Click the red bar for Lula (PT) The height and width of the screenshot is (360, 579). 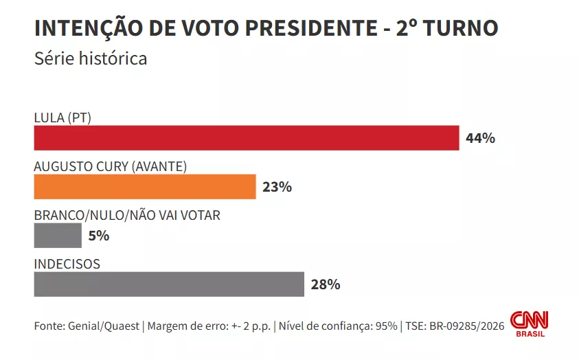click(x=246, y=137)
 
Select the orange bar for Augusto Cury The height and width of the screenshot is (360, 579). click(x=144, y=187)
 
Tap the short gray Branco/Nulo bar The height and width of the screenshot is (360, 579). click(x=58, y=236)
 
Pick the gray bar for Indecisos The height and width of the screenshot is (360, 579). click(x=169, y=284)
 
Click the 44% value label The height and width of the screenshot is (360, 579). click(x=480, y=138)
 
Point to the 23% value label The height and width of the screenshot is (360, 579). click(x=277, y=187)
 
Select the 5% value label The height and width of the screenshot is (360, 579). click(x=99, y=236)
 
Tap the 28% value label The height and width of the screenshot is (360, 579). click(x=326, y=284)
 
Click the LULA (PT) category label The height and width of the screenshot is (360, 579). click(x=63, y=117)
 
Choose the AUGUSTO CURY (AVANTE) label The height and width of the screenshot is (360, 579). click(x=111, y=166)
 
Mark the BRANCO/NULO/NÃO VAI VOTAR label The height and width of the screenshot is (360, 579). click(x=127, y=215)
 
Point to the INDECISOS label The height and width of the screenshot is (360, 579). click(x=67, y=264)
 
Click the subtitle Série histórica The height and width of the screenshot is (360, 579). click(x=91, y=58)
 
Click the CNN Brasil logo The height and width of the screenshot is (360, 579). click(x=534, y=322)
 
